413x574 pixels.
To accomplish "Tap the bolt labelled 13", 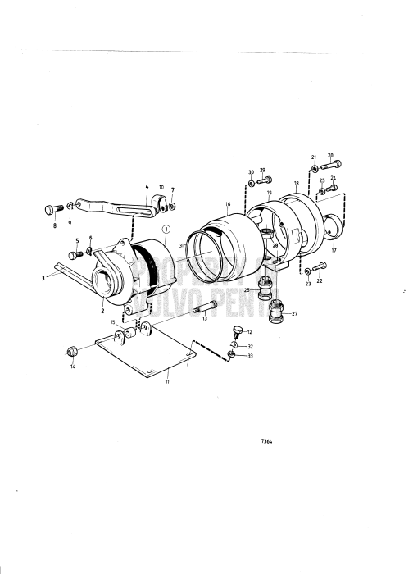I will tap(204, 308).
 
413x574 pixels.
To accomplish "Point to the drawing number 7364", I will tap(267, 441).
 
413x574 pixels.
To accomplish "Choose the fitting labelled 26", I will tap(264, 285).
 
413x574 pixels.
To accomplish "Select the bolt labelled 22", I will tap(321, 265).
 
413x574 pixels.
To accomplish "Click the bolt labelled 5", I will tap(74, 256).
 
